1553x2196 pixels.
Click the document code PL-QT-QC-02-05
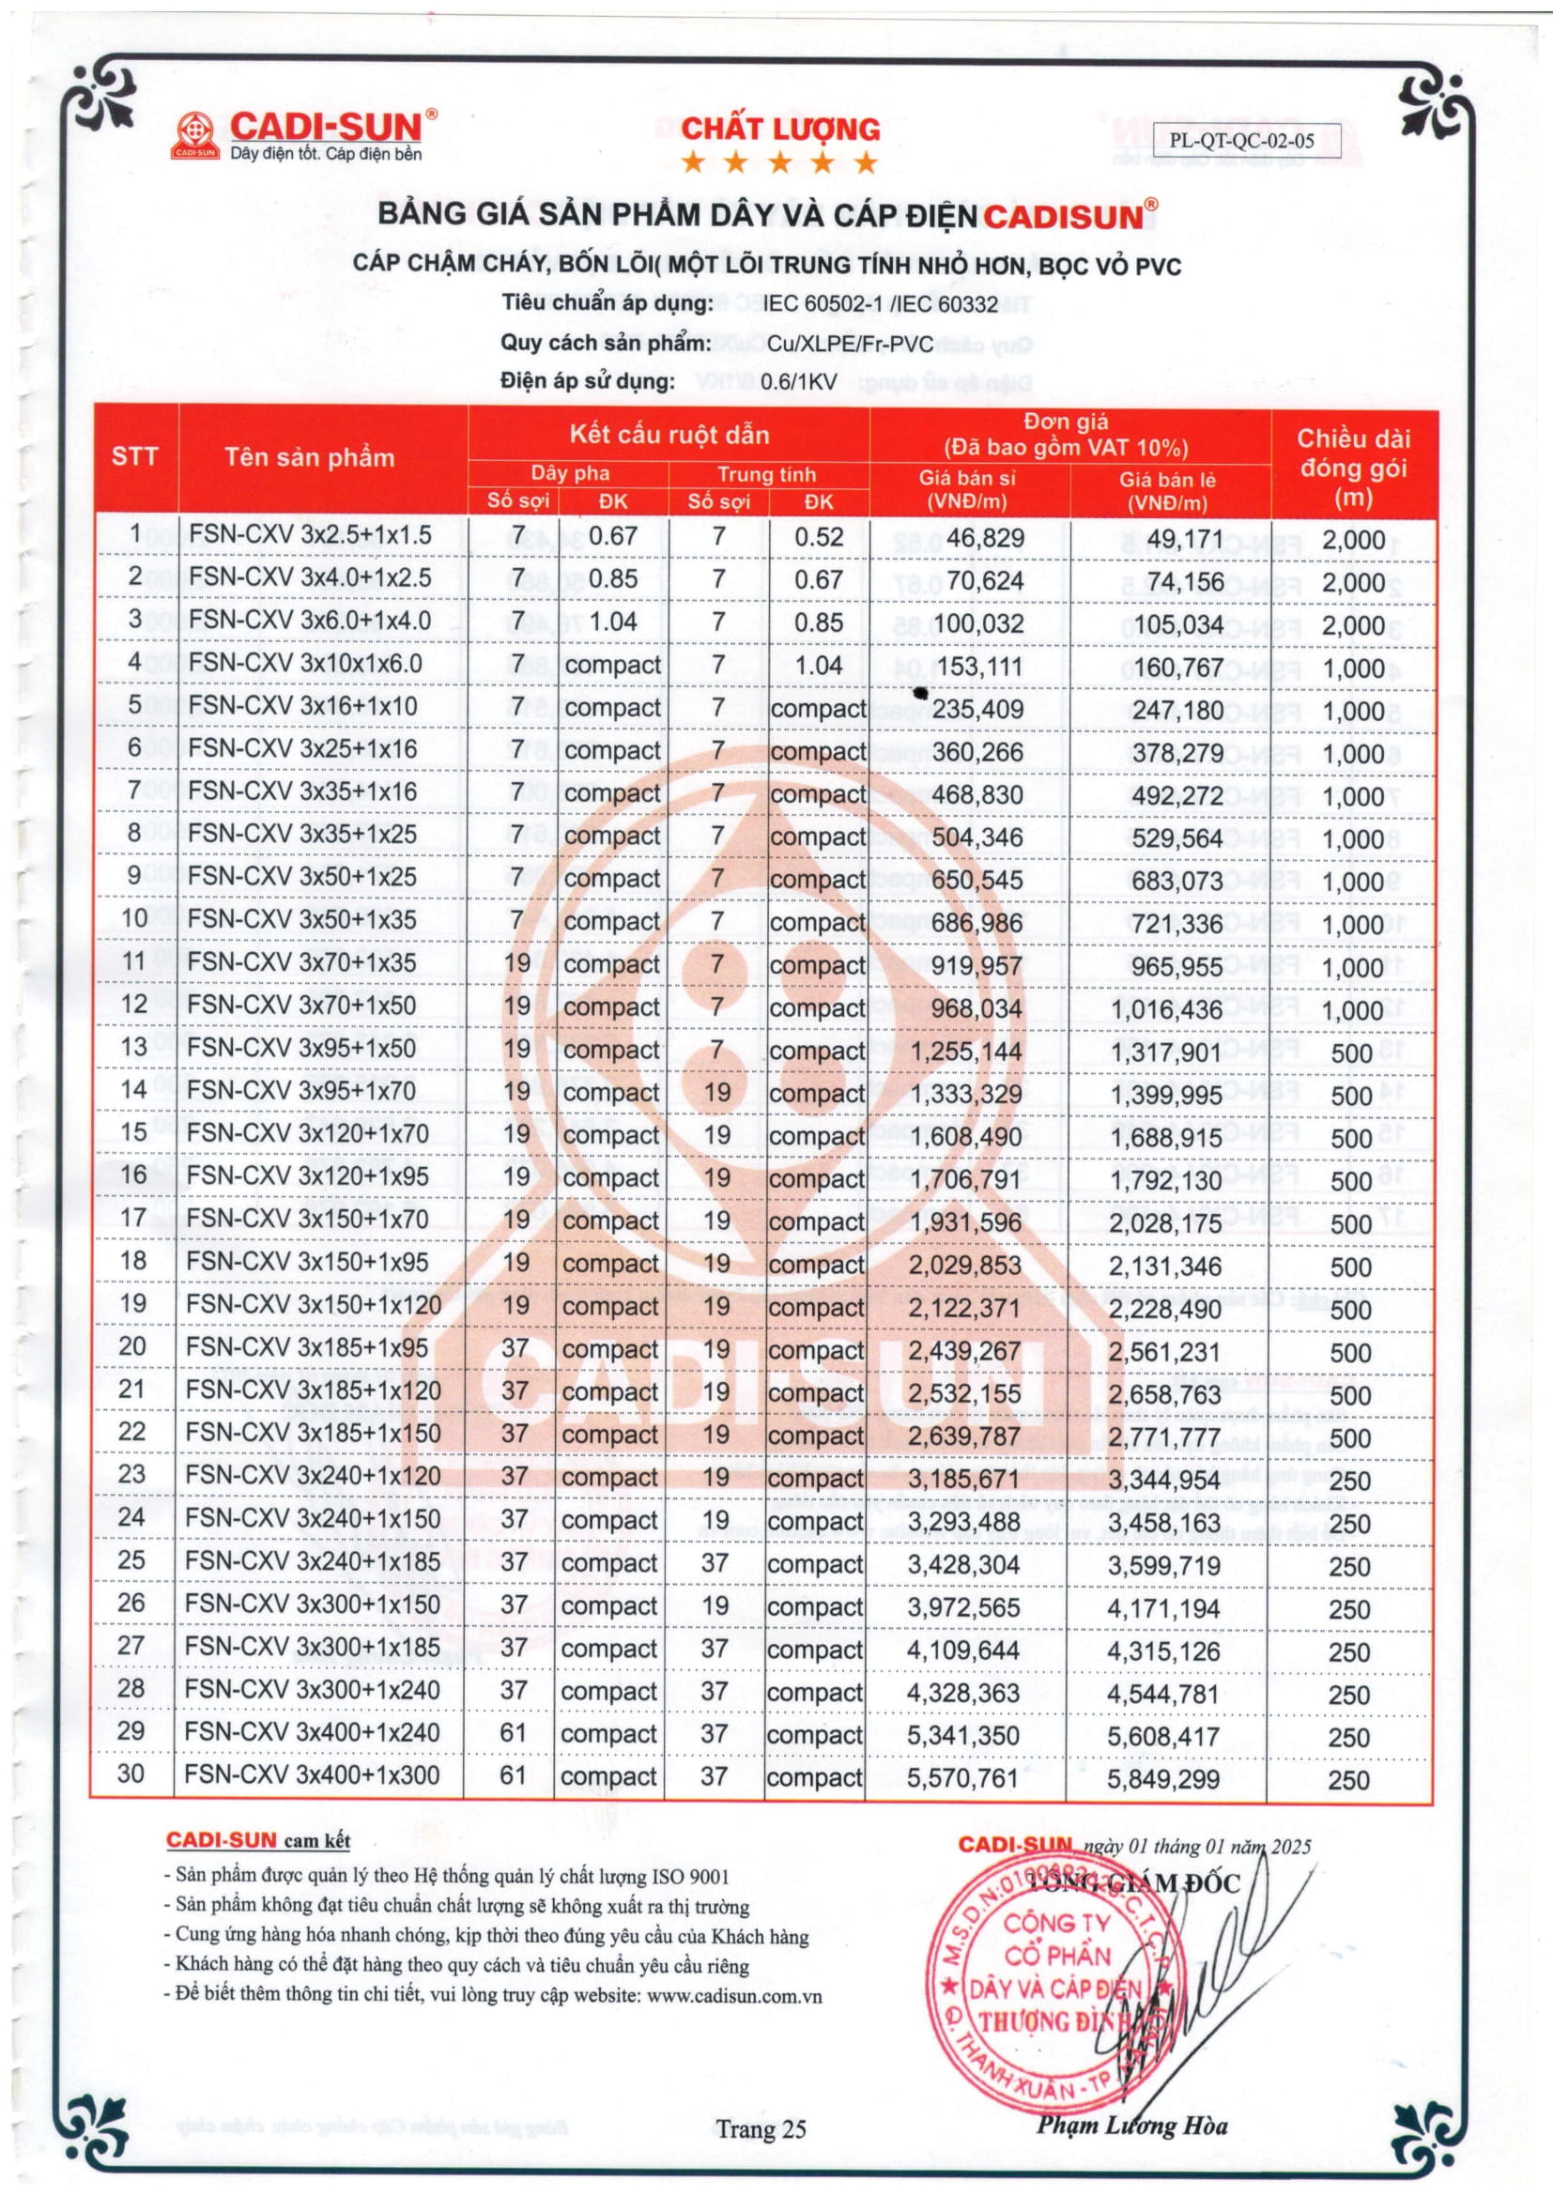tap(1241, 141)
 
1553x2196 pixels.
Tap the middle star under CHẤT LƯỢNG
tap(779, 162)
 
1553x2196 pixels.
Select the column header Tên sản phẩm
tap(310, 457)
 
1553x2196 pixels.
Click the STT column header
tap(135, 456)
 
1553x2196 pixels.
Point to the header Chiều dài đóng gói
tap(1353, 468)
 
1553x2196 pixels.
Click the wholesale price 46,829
tap(985, 539)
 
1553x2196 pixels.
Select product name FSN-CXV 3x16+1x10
tap(303, 706)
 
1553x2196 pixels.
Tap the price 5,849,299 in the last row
tap(1162, 1779)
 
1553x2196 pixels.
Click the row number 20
tap(133, 1346)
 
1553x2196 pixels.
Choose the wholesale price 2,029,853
tap(965, 1266)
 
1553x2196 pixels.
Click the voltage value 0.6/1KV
tap(798, 382)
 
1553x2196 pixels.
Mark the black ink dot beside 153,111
tap(921, 693)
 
